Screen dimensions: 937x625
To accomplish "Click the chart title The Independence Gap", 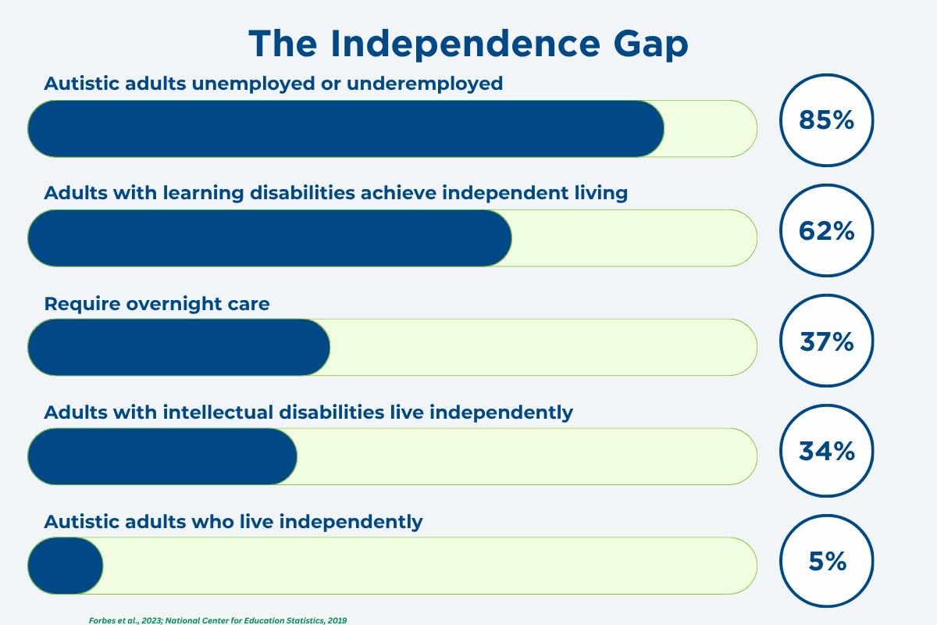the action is (x=468, y=45).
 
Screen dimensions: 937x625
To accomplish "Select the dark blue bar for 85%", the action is (x=346, y=129).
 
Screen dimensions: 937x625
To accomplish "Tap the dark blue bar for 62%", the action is (x=270, y=238).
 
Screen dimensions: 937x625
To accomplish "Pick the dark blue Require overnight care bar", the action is (x=179, y=347).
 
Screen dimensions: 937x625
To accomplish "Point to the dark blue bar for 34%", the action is (x=162, y=456).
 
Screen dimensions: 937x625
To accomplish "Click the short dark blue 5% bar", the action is (x=66, y=566).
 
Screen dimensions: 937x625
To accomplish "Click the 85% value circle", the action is (x=826, y=120).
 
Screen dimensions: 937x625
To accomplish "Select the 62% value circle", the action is (x=826, y=230).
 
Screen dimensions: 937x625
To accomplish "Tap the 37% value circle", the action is (x=826, y=341).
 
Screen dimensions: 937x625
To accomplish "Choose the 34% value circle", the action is (x=826, y=451).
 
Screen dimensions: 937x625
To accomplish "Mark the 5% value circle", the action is (x=826, y=561).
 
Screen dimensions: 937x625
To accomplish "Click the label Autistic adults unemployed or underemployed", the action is (x=273, y=84).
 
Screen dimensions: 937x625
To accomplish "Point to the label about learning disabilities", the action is (x=336, y=194).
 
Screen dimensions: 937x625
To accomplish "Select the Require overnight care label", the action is (x=156, y=304).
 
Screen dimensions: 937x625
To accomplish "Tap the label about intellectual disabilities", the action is (x=308, y=412).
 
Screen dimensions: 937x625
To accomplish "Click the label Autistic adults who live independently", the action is (x=233, y=523).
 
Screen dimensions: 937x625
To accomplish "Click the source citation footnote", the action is (x=218, y=620).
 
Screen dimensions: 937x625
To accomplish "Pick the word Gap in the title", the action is (x=651, y=45).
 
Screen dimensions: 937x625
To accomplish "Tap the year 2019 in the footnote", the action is (x=337, y=620).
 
